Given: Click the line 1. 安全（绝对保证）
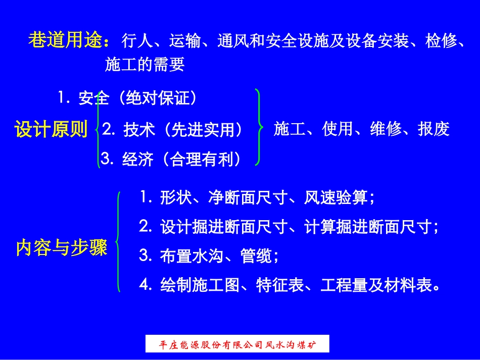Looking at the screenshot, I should pos(127,98).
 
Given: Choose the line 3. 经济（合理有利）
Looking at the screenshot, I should pos(171,160).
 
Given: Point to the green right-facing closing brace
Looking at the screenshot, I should pos(259,128).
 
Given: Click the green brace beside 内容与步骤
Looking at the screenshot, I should pos(118,241).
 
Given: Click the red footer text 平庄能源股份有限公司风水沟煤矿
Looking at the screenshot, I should pos(237,344).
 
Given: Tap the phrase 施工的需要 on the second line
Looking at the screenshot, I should pos(145,64).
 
